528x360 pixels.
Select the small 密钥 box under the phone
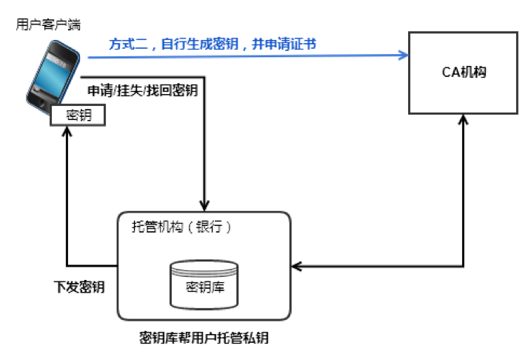click(x=78, y=115)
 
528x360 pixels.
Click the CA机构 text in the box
click(x=463, y=72)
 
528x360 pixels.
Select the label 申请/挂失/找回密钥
click(x=142, y=90)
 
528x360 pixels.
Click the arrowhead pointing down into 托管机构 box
click(x=204, y=205)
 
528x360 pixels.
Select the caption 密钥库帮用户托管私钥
click(x=204, y=338)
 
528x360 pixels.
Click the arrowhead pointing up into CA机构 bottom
click(x=464, y=121)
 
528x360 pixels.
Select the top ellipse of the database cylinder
click(x=206, y=267)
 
